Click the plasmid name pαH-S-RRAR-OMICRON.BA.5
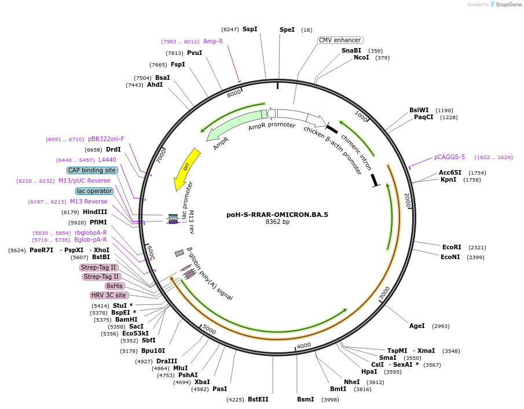(277, 215)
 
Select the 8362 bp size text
(277, 222)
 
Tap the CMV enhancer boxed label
(340, 40)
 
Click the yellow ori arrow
(186, 168)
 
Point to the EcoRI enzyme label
(452, 247)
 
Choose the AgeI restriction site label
(417, 326)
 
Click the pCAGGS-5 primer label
(449, 157)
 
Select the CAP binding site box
(92, 170)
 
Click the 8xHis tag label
(114, 286)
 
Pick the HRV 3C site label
(109, 295)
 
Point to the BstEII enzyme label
(258, 399)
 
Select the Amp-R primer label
(213, 41)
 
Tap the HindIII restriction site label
(95, 212)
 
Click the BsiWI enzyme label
(419, 110)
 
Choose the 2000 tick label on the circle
(407, 200)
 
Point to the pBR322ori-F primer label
(106, 139)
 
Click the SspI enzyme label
(250, 29)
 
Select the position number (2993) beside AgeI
(441, 326)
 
